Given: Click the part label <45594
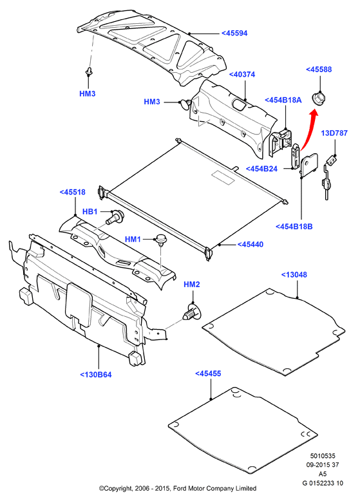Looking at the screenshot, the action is click(234, 33).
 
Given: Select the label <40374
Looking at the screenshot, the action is click(242, 75).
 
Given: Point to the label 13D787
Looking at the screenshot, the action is click(334, 133).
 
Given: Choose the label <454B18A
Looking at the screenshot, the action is click(283, 100).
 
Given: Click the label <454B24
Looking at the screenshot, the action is click(261, 169).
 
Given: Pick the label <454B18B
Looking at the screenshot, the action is click(294, 227).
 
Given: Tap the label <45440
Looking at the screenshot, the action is click(251, 245).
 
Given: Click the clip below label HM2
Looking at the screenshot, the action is click(192, 312).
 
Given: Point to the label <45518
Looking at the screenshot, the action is click(73, 192).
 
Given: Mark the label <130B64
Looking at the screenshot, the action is click(96, 375).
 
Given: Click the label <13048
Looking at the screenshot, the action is click(294, 275).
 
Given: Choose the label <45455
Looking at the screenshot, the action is click(207, 373).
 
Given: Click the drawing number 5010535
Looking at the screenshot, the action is click(323, 456).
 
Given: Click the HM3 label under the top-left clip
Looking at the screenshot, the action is click(87, 93).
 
